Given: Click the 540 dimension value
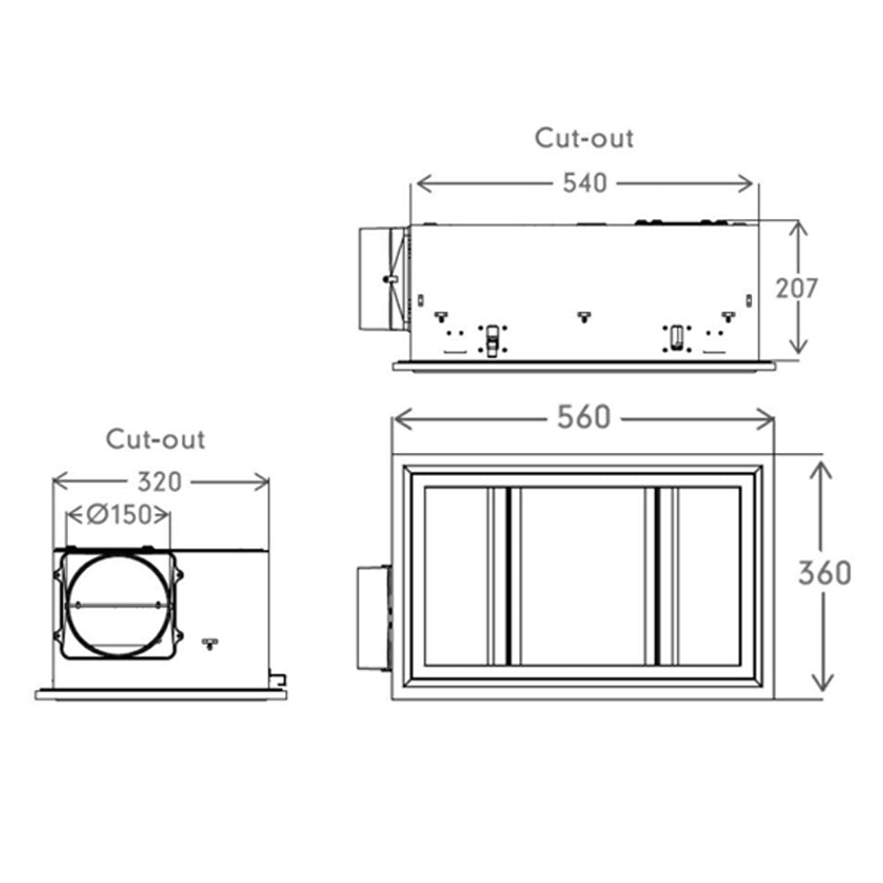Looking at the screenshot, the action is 585,183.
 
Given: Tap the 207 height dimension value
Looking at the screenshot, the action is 796,289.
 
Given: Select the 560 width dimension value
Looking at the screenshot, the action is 584,418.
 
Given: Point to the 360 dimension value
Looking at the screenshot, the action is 825,573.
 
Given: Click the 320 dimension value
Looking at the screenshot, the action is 159,482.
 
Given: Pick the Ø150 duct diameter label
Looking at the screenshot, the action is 119,514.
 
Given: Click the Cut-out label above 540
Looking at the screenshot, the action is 584,138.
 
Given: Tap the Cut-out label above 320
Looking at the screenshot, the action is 155,439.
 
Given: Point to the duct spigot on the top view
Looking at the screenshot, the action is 374,618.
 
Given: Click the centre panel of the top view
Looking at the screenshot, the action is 582,576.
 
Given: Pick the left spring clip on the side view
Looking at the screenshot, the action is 492,340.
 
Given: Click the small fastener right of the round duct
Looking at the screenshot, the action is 209,643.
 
